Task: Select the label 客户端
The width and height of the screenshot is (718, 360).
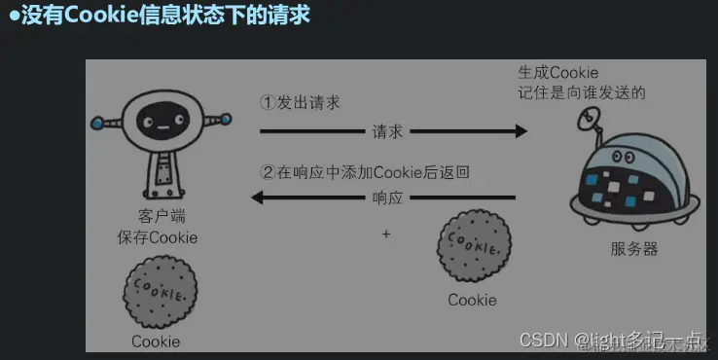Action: [x=156, y=216]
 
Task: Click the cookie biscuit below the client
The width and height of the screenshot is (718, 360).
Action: [x=160, y=296]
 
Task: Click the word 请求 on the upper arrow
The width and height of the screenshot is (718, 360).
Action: [x=387, y=131]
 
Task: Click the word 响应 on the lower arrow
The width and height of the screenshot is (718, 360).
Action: [x=387, y=198]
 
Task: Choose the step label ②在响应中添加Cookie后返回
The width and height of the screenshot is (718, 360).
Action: [x=365, y=172]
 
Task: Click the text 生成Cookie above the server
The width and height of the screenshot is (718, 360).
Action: [x=557, y=73]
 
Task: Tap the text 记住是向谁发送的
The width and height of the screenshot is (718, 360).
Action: [x=582, y=92]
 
